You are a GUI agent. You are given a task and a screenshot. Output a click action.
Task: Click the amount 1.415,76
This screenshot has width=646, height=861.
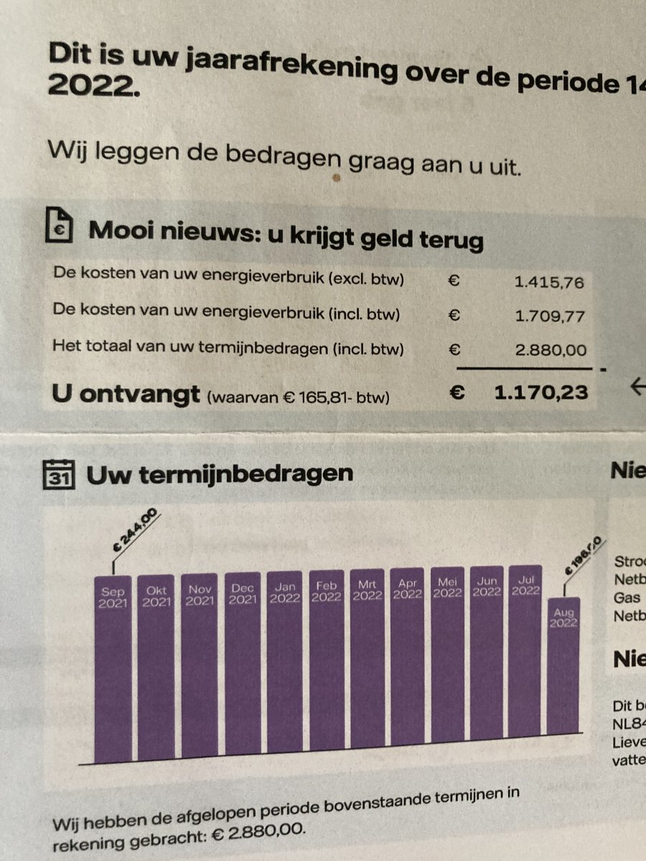pyautogui.click(x=549, y=281)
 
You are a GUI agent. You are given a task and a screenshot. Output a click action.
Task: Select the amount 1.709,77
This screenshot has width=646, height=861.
pyautogui.click(x=549, y=316)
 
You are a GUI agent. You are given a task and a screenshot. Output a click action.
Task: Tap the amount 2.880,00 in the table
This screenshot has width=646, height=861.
pyautogui.click(x=551, y=351)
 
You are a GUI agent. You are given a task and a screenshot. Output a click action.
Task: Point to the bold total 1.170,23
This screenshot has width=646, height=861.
pyautogui.click(x=541, y=392)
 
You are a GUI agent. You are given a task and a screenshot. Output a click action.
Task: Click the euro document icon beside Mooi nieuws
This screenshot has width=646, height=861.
pyautogui.click(x=60, y=227)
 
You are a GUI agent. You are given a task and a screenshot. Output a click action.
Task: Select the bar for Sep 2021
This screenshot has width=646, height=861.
pyautogui.click(x=113, y=667)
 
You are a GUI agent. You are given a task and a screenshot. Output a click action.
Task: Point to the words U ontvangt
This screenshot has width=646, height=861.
pyautogui.click(x=126, y=394)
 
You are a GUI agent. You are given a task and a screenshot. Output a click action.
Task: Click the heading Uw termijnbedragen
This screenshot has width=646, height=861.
pyautogui.click(x=219, y=473)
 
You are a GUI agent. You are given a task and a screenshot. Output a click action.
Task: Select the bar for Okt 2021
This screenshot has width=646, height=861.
pyautogui.click(x=156, y=667)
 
